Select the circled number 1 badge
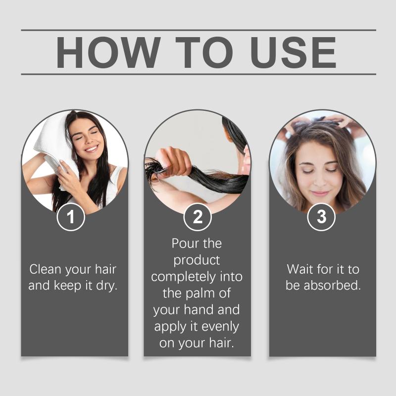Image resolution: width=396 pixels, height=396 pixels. click(71, 217)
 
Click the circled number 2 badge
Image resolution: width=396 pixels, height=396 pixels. click(198, 217)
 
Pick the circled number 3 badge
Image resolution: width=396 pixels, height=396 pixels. click(321, 217)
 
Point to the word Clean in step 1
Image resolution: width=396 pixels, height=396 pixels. click(46, 269)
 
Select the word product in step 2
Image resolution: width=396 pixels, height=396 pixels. click(197, 261)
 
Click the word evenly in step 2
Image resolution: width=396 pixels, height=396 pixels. click(220, 327)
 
